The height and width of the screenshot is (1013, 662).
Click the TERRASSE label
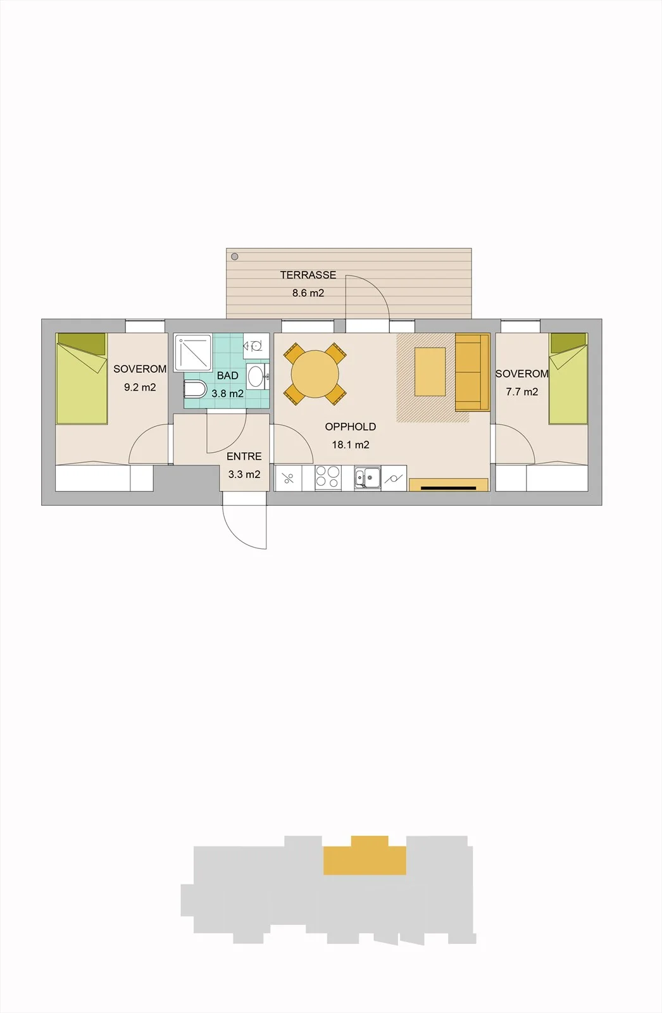308,275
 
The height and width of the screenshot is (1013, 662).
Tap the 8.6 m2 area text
308,293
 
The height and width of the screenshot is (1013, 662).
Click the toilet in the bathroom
196,389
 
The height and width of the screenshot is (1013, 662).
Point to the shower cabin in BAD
193,352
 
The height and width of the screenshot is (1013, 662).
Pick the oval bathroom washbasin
256,376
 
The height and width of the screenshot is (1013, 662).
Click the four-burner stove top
328,477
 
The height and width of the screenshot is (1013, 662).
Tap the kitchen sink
368,477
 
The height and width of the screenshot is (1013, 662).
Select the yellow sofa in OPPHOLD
472,373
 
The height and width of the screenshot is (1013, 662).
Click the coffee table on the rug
430,372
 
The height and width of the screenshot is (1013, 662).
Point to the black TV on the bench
448,488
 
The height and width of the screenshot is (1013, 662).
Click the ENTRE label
244,456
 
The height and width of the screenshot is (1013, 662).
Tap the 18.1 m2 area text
351,445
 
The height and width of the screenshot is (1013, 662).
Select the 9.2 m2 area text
140,387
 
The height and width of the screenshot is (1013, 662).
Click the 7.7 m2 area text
522,392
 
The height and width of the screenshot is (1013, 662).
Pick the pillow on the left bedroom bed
82,343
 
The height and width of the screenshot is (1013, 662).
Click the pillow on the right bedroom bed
568,342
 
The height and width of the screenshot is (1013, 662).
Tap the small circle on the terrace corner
234,257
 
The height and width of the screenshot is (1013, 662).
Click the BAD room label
227,376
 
